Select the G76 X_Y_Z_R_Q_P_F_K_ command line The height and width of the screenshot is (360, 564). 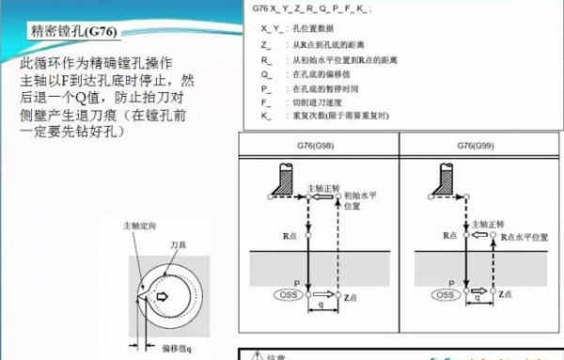click(x=311, y=8)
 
